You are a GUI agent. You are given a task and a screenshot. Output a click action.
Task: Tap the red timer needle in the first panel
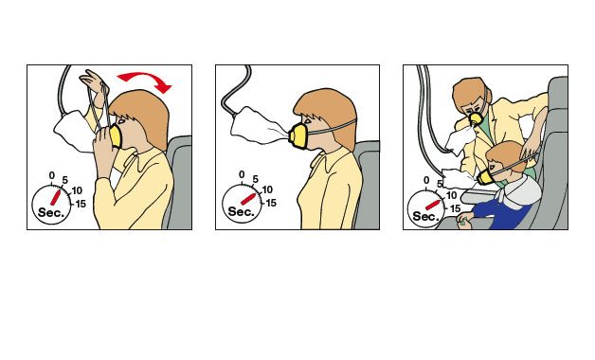[56, 197]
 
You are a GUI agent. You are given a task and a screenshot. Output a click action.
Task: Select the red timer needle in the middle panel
[248, 199]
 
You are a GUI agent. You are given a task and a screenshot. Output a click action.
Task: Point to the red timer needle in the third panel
[433, 205]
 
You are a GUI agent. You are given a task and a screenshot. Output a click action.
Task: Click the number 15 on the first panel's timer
[81, 204]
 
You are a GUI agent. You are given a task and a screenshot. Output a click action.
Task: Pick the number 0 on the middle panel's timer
[242, 174]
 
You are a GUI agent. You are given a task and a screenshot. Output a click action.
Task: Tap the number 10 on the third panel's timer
[451, 195]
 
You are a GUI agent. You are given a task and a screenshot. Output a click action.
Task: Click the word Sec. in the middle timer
[241, 211]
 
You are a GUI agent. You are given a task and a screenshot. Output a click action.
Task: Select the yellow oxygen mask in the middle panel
[297, 136]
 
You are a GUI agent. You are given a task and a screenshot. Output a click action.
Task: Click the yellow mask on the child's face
[484, 177]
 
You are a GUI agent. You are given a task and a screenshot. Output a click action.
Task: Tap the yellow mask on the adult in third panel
[476, 119]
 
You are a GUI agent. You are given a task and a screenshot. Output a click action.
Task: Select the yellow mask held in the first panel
[115, 136]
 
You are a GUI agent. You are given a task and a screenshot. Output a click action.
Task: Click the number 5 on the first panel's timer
[64, 180]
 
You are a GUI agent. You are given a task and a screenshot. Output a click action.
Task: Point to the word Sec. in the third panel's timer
[425, 216]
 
